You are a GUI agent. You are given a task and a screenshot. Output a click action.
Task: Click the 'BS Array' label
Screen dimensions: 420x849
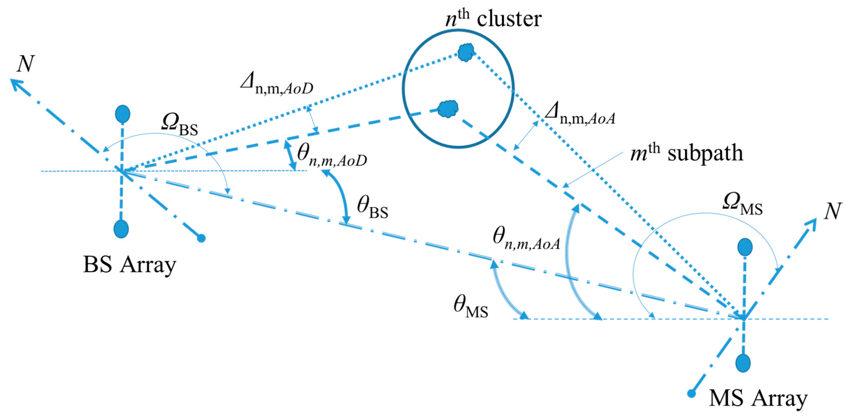tap(129, 265)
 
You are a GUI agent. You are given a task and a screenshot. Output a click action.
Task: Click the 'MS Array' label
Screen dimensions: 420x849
tap(758, 398)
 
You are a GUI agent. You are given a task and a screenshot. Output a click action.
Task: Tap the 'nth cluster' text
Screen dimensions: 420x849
tap(493, 19)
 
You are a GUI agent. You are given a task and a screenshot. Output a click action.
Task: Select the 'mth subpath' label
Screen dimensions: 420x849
tap(687, 153)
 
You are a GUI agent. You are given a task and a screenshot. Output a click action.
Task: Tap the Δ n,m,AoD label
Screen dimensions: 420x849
tap(277, 85)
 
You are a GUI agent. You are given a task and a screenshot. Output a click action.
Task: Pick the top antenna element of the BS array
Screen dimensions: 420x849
tap(123, 114)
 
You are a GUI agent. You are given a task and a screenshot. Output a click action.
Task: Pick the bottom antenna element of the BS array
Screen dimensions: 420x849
tap(121, 229)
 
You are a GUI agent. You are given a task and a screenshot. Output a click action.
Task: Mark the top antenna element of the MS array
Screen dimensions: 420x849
tap(745, 247)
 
